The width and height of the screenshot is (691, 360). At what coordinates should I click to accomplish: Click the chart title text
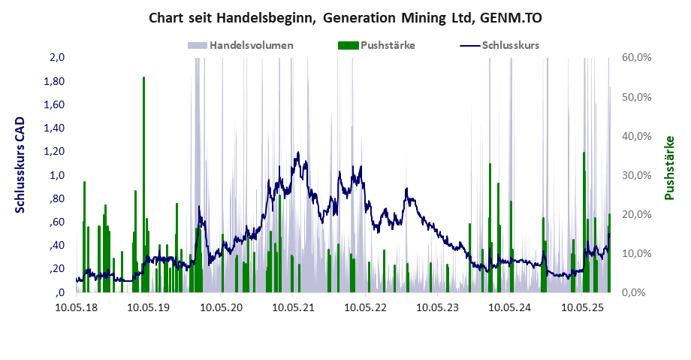345,17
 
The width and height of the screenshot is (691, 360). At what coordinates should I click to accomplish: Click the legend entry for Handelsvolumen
251,45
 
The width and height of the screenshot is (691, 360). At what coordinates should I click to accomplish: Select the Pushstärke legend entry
388,45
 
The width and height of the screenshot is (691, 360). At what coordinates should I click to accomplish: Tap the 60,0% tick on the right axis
637,58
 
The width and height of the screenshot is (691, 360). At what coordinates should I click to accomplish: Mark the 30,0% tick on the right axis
637,175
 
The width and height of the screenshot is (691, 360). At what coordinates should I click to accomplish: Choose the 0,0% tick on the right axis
639,292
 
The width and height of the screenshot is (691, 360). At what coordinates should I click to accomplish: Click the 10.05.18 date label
77,307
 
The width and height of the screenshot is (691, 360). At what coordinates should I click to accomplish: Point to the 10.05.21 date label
293,307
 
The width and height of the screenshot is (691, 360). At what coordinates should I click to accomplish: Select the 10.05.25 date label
583,307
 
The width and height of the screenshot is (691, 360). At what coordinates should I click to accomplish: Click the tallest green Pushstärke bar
143,180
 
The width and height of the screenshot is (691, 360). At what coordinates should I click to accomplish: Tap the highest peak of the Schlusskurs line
298,153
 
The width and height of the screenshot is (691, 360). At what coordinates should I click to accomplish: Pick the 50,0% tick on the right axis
637,97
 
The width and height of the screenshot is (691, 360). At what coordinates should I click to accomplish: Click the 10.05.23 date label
437,307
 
